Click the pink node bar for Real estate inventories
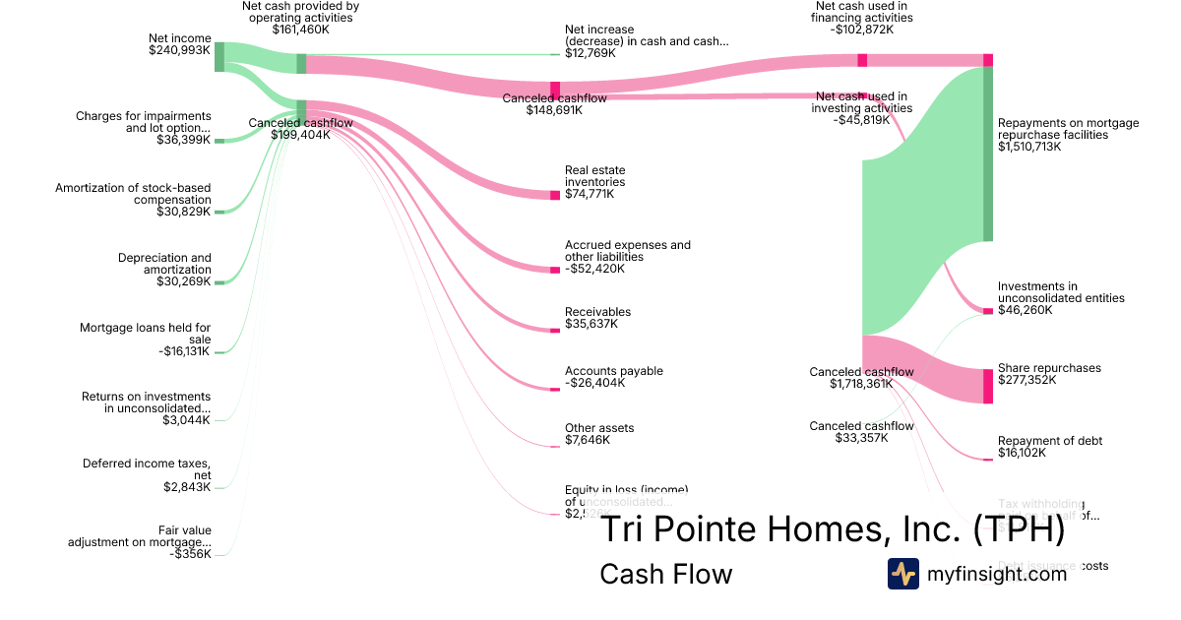click(x=555, y=195)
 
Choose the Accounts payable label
click(x=613, y=371)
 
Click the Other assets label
click(x=598, y=428)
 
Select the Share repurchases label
click(x=1049, y=368)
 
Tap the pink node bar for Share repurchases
click(x=988, y=385)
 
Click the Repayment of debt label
click(x=1049, y=441)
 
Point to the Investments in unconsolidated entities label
click(x=1060, y=292)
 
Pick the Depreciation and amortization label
click(x=164, y=264)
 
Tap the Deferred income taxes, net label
click(x=147, y=469)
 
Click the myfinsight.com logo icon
click(x=902, y=574)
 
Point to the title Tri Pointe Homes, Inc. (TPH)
click(x=832, y=529)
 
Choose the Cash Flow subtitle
click(x=665, y=574)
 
